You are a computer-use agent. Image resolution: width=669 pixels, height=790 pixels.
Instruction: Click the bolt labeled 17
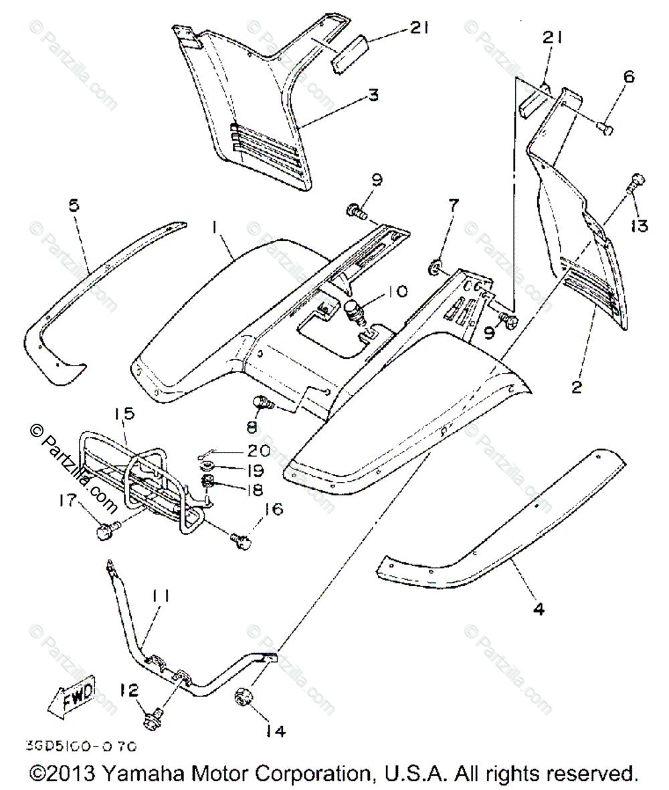point(106,532)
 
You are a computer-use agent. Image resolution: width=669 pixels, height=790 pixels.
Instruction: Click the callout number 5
point(74,204)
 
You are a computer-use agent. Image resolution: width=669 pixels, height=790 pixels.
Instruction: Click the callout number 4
point(539,609)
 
